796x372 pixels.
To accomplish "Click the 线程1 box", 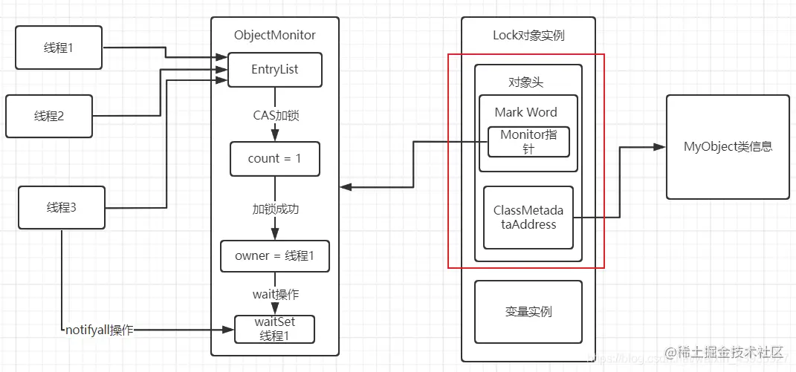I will (59, 48).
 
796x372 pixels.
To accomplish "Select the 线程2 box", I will (49, 117).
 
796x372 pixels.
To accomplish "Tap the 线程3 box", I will (61, 208).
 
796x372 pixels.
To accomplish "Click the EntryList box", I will (275, 70).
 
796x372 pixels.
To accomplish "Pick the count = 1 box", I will (275, 159).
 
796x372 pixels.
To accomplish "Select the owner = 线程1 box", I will (275, 256).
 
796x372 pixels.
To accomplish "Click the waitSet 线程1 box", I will (275, 329).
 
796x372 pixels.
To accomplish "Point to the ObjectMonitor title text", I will (275, 35).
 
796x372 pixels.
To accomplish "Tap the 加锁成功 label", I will (275, 209).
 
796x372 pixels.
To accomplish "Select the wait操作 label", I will (275, 294).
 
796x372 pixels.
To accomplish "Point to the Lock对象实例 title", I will (528, 35).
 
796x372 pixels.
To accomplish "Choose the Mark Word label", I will (526, 112).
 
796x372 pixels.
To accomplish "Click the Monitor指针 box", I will (528, 141).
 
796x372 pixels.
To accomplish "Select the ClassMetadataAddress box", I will (528, 218).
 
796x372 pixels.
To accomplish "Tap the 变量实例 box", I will (528, 311).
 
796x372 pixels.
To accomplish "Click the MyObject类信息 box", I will (728, 147).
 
